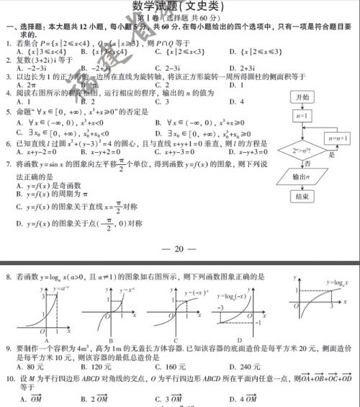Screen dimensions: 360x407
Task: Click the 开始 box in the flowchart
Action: [302, 97]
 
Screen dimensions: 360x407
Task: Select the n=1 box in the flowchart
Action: [302, 116]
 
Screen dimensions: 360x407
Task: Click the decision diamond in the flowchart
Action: [302, 151]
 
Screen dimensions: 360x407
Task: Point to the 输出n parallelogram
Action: [302, 177]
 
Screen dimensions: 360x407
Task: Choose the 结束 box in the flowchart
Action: [302, 197]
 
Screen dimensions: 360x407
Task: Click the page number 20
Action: [180, 250]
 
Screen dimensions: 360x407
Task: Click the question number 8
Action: [8, 276]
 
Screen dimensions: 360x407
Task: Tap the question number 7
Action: [7, 164]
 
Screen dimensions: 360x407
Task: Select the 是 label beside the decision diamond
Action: [332, 155]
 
